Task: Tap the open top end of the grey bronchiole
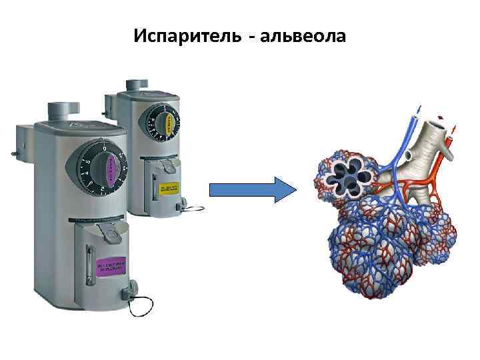(439, 125)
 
